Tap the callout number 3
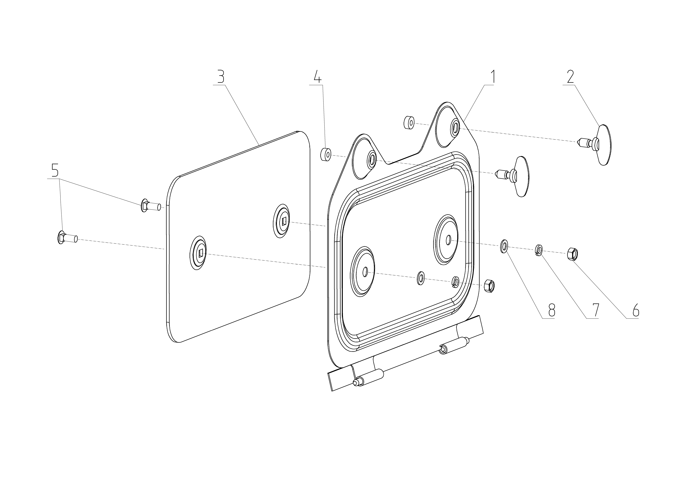220,77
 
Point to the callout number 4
317,77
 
